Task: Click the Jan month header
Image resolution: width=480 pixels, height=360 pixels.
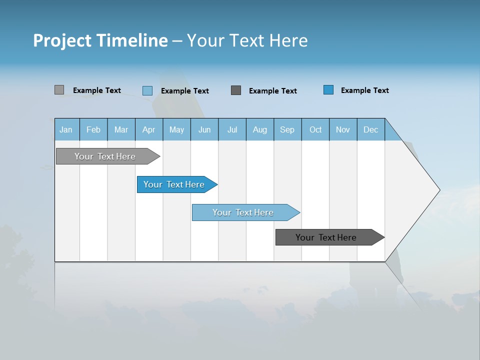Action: pos(66,129)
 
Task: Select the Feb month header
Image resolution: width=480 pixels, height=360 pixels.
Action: pos(93,129)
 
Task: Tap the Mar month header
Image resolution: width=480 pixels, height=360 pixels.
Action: pos(121,129)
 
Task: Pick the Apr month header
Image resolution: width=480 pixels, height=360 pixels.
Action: pos(149,129)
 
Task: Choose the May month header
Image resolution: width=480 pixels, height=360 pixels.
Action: pos(176,129)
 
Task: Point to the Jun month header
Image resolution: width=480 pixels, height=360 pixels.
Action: pos(204,129)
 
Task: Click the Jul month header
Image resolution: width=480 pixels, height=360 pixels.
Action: pos(232,129)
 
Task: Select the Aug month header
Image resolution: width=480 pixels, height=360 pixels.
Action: pos(260,129)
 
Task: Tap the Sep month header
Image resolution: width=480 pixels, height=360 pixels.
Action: pos(287,129)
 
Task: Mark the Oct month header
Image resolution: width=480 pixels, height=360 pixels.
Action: pos(315,129)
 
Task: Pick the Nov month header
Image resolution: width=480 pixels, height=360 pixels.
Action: pos(343,129)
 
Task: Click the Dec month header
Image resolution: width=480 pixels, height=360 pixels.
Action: pos(371,129)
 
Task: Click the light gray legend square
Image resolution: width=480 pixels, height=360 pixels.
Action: pos(59,90)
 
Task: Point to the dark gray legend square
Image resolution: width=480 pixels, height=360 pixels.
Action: pos(236,90)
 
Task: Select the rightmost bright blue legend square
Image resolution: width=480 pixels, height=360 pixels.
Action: pos(328,90)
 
